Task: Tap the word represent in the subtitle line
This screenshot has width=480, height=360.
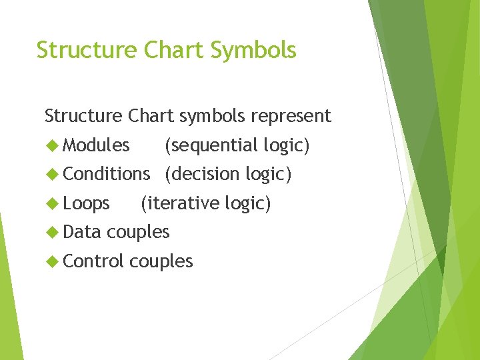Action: point(290,116)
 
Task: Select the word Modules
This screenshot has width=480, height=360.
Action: point(96,145)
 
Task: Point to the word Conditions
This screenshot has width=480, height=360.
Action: point(106,174)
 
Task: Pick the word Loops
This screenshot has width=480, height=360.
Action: point(86,203)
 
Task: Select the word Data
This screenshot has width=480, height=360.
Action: point(82,232)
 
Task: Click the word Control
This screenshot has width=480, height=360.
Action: point(93,261)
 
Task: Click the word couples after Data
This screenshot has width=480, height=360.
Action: point(138,233)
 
